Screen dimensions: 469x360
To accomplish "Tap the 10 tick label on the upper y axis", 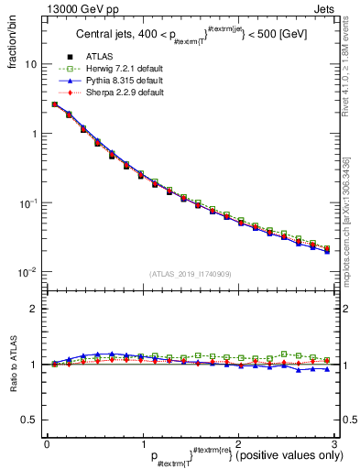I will click(x=31, y=65).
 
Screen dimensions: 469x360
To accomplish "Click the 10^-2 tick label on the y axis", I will click(x=28, y=272).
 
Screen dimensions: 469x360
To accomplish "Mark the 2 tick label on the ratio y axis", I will click(x=34, y=309).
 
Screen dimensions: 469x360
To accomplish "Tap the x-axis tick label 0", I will click(x=47, y=442).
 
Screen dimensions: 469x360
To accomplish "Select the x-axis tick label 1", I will click(x=142, y=442).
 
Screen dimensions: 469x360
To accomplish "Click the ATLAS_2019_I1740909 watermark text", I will click(x=190, y=274).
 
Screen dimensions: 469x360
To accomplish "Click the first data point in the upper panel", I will click(x=55, y=104).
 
